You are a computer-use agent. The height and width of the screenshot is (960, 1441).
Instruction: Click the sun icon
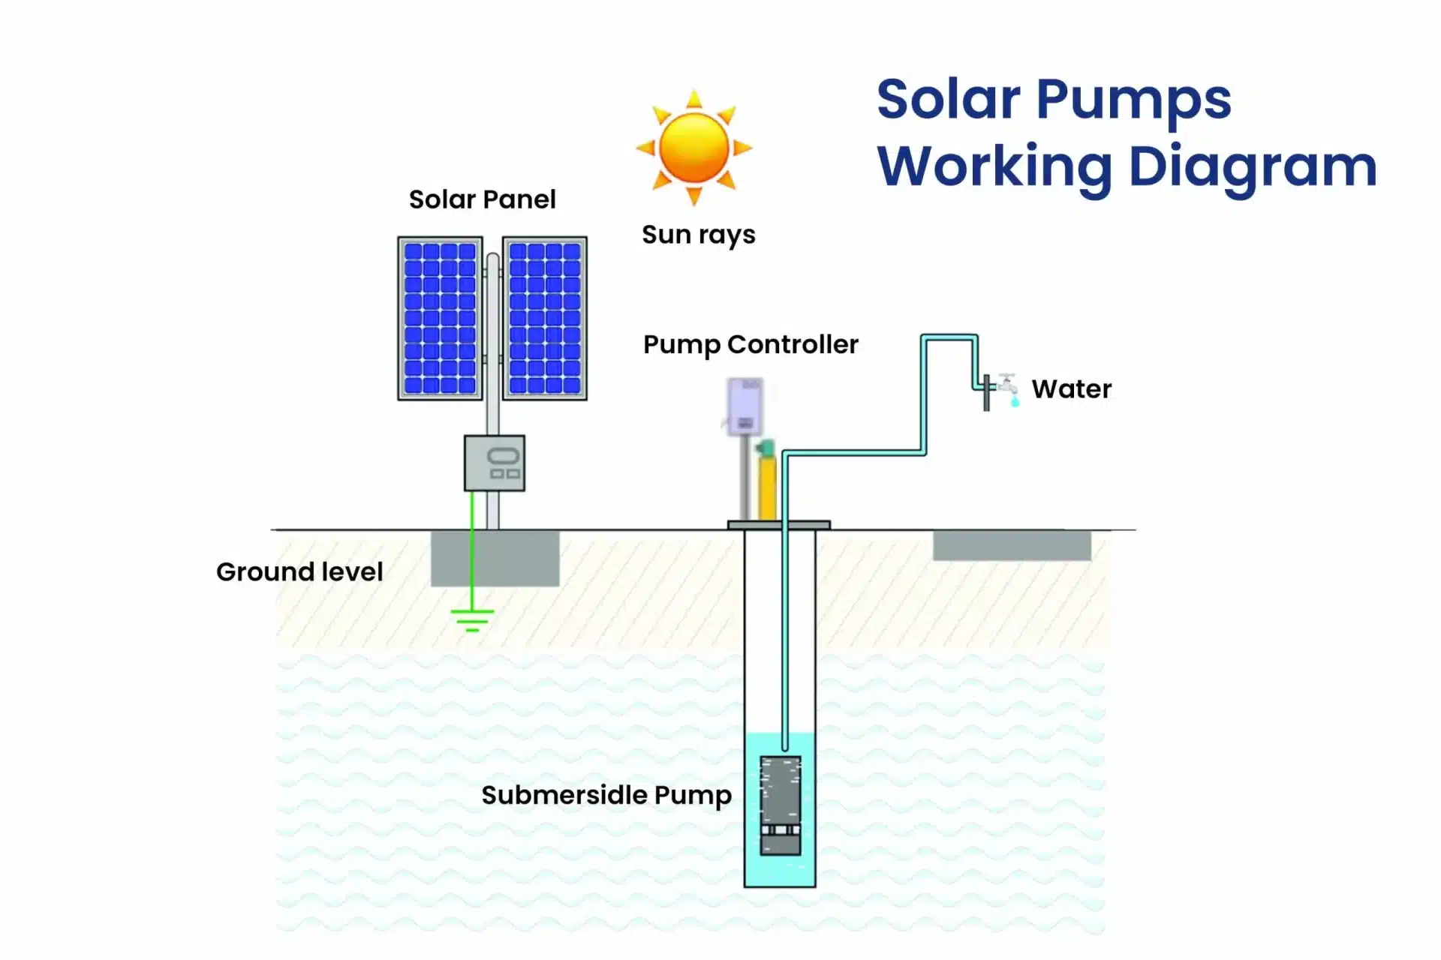click(694, 148)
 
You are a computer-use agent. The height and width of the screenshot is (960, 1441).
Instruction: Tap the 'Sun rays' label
click(698, 235)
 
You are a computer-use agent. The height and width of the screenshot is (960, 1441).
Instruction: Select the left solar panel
click(440, 318)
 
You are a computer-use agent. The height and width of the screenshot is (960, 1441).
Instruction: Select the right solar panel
click(545, 318)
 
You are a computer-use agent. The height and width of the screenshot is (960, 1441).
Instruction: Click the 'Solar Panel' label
click(482, 199)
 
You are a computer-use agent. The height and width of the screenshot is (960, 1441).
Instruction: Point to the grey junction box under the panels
click(495, 463)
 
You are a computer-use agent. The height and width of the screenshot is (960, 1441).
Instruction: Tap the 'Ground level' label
click(299, 571)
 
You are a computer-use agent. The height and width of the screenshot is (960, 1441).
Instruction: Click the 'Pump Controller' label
click(751, 344)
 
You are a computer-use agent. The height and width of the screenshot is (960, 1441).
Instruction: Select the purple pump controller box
click(745, 406)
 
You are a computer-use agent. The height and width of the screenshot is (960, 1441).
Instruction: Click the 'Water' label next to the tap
click(1071, 389)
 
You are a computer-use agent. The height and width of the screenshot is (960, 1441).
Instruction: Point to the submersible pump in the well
click(781, 805)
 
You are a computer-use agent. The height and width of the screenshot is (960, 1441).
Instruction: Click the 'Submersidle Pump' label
click(606, 795)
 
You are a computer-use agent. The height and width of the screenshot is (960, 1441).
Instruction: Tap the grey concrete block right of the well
click(1012, 545)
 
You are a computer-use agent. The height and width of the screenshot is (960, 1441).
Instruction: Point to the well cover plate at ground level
click(778, 525)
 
